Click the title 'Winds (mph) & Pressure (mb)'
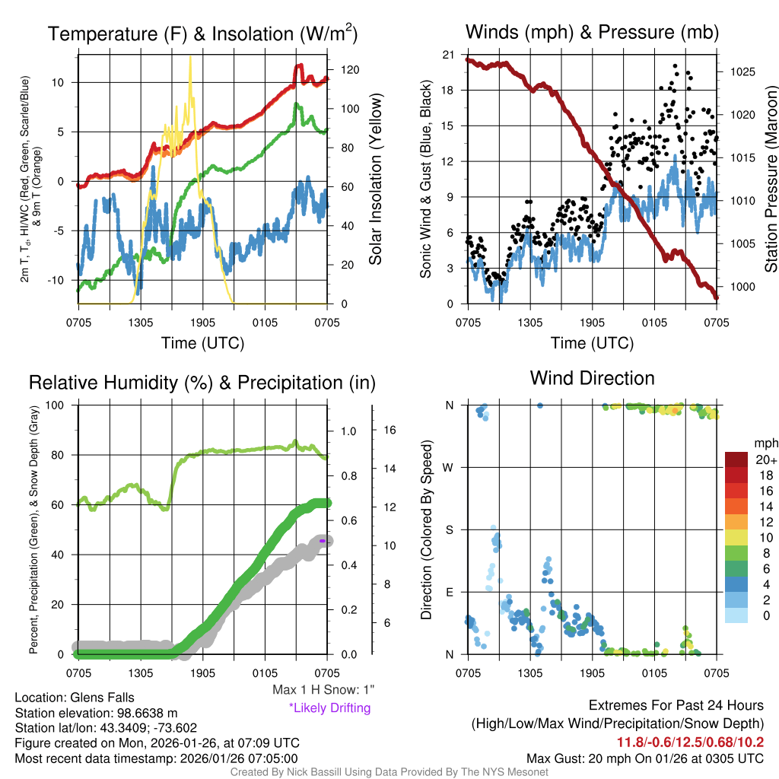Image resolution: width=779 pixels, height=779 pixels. pyautogui.click(x=592, y=32)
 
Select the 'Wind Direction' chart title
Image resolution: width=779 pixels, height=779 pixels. pyautogui.click(x=592, y=378)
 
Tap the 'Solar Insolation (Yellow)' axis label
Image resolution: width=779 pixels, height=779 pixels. pyautogui.click(x=375, y=180)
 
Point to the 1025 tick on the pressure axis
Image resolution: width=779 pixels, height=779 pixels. pyautogui.click(x=741, y=72)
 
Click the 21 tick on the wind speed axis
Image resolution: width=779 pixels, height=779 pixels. pyautogui.click(x=448, y=55)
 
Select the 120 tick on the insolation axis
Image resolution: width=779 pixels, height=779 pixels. pyautogui.click(x=349, y=70)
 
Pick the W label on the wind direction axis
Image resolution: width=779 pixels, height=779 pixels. pyautogui.click(x=450, y=467)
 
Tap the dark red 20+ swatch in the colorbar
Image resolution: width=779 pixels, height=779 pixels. pyautogui.click(x=737, y=460)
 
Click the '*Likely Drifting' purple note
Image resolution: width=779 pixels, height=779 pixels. pyautogui.click(x=329, y=707)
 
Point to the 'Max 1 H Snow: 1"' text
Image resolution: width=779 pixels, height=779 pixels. pyautogui.click(x=323, y=690)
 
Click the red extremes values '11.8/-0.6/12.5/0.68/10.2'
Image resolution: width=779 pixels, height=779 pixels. pyautogui.click(x=690, y=742)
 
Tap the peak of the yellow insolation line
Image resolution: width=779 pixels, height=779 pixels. pyautogui.click(x=189, y=62)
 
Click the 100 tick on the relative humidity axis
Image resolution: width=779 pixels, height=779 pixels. pyautogui.click(x=60, y=405)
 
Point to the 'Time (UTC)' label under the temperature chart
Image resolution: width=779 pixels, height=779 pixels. pyautogui.click(x=202, y=343)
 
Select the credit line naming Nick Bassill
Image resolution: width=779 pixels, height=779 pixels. pyautogui.click(x=389, y=772)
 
